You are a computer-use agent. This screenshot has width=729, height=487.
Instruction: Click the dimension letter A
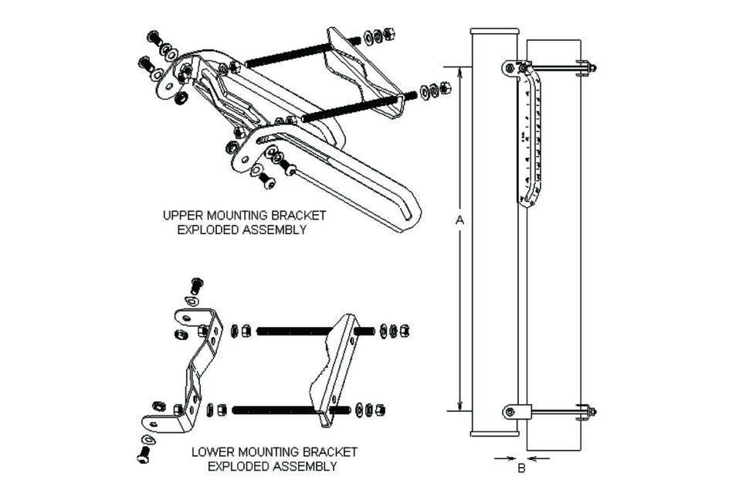click(459, 221)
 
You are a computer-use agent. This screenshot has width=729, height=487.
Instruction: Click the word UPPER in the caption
click(181, 215)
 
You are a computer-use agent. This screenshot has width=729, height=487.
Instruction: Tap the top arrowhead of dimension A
click(459, 70)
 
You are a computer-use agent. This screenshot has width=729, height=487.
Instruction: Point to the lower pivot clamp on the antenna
click(516, 412)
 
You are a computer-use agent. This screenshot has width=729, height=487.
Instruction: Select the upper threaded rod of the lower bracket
click(296, 332)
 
